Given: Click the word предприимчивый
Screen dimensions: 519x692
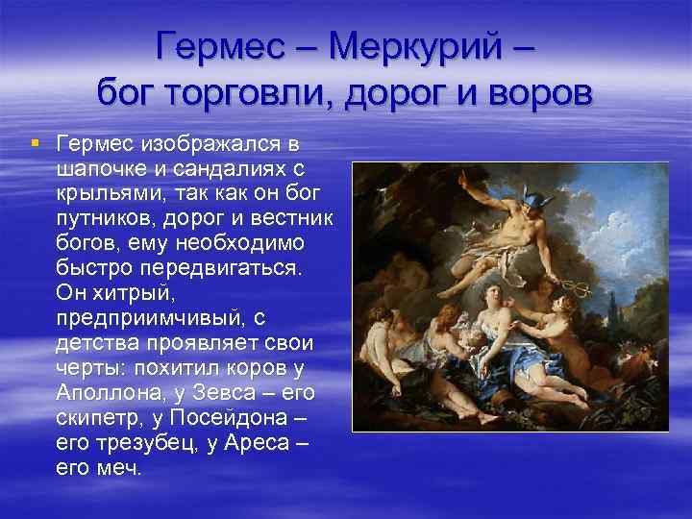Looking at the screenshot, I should click(x=143, y=318).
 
